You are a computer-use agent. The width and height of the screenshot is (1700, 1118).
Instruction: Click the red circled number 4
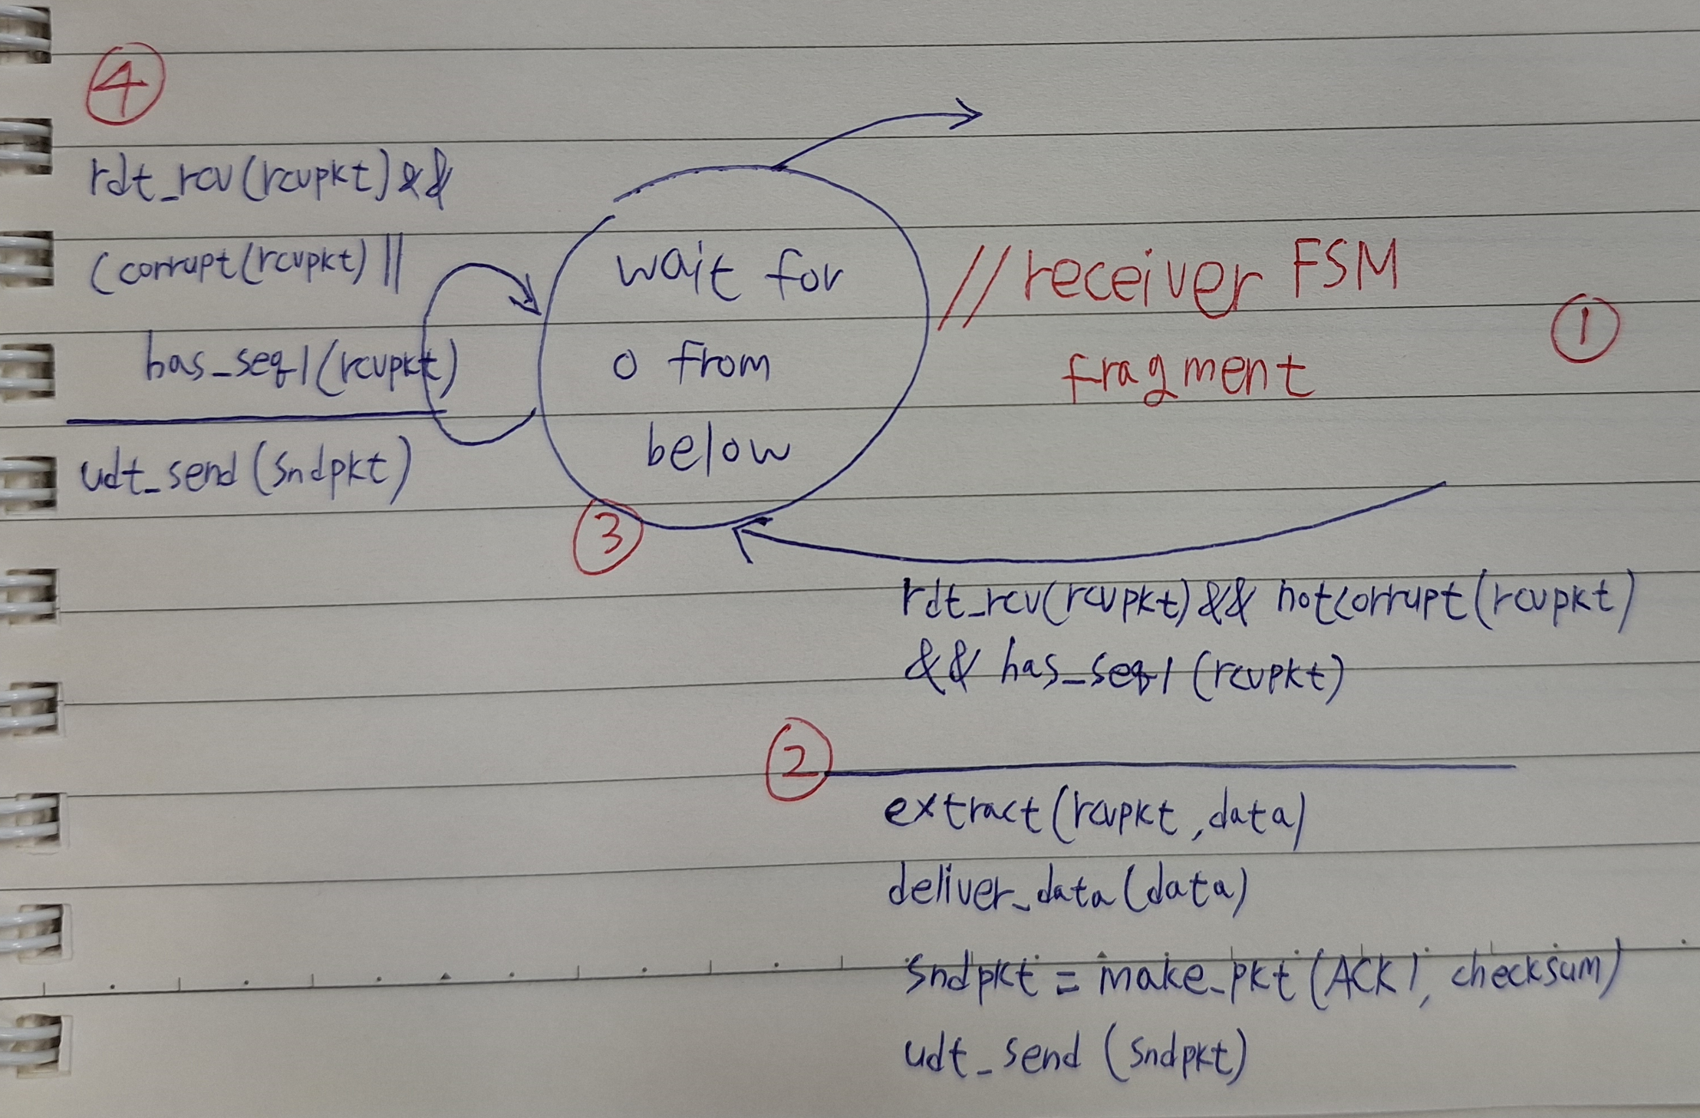click(x=124, y=84)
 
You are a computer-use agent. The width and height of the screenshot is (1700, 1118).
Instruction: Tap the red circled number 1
click(x=1585, y=329)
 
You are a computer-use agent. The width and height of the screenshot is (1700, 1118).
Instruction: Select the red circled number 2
click(x=798, y=760)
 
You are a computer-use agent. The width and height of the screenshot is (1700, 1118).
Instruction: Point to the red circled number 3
click(x=608, y=537)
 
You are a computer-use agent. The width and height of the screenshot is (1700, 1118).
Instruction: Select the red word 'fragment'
click(x=1185, y=376)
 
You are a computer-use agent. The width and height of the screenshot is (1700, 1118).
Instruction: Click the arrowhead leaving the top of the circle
click(x=968, y=116)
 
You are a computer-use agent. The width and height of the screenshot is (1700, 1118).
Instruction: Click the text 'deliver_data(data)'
click(x=1066, y=891)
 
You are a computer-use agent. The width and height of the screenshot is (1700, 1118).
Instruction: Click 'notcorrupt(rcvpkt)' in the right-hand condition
click(x=1450, y=603)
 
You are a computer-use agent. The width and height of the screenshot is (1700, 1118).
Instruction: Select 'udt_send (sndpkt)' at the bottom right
click(x=1074, y=1055)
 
